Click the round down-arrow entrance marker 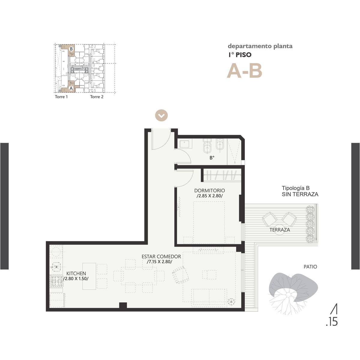click(161, 115)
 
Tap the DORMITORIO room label click(209, 190)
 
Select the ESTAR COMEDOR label click(161, 257)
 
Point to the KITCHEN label click(76, 274)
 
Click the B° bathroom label click(212, 158)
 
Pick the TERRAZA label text click(280, 230)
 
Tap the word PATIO click(310, 267)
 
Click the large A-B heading click(244, 71)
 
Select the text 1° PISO click(240, 55)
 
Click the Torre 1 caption click(61, 97)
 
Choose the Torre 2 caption click(97, 97)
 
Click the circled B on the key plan click(71, 49)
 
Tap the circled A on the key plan click(71, 88)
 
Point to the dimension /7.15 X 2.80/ click(159, 262)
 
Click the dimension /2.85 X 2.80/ click(210, 196)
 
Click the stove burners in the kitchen click(57, 280)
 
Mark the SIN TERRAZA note click(300, 194)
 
